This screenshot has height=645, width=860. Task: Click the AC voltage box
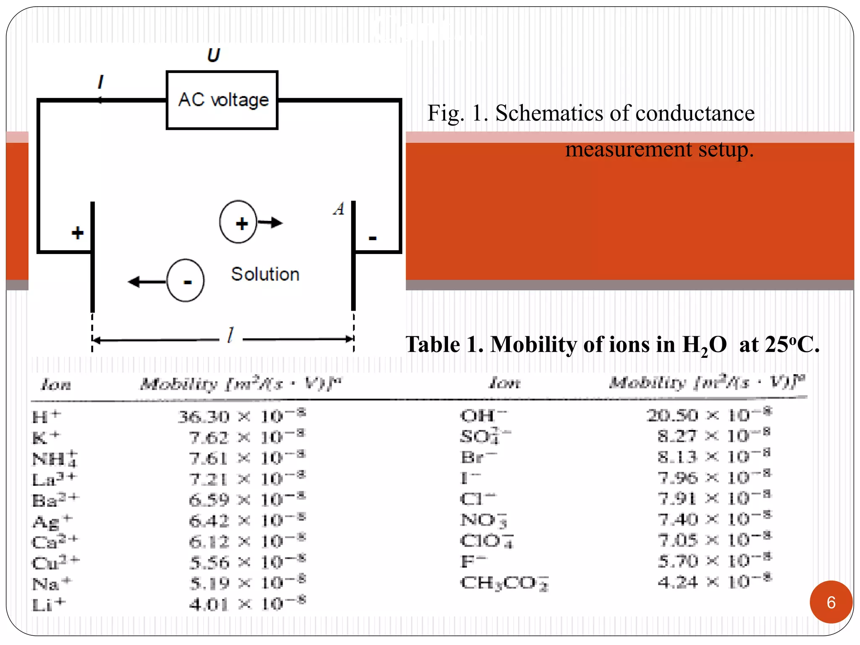(222, 100)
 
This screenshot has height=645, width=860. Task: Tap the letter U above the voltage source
(213, 55)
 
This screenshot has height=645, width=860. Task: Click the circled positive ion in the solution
(239, 222)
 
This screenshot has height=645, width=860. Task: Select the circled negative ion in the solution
(186, 281)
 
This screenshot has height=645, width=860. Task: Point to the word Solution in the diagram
(265, 274)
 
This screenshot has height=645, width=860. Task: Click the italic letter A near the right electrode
(339, 209)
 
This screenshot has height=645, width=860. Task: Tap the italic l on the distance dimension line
(231, 335)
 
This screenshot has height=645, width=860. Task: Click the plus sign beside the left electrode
(77, 233)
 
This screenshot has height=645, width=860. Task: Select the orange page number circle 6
(831, 602)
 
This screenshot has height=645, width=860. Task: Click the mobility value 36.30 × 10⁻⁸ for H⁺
(241, 416)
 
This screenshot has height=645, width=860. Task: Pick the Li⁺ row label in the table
(49, 604)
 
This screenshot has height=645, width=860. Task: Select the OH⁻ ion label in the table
(483, 415)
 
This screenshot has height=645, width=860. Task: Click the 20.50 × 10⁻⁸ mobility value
(708, 414)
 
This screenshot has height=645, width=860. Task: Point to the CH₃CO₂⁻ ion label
(504, 582)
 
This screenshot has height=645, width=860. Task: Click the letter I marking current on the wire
(100, 81)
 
